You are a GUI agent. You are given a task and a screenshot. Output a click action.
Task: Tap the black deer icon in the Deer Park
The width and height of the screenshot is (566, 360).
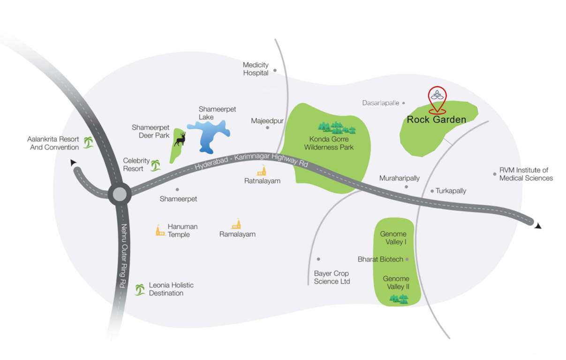click(181, 139)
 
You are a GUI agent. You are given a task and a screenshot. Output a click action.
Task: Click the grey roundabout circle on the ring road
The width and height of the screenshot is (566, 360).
click(119, 194)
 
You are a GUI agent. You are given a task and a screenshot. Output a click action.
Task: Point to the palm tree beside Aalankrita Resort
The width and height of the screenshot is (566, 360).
click(88, 142)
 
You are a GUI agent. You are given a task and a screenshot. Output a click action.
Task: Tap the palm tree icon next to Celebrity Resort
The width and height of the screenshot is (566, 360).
click(155, 165)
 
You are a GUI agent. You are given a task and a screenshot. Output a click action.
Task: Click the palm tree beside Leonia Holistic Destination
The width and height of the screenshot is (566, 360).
click(140, 289)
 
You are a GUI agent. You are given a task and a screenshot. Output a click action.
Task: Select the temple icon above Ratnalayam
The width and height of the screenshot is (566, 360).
click(261, 171)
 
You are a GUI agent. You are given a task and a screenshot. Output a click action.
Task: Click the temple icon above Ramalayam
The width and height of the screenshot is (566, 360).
click(236, 224)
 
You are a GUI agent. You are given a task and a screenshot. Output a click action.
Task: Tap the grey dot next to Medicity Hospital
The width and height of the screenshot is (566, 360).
click(275, 70)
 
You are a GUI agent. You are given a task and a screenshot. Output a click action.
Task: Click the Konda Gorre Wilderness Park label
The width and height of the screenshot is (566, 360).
click(329, 143)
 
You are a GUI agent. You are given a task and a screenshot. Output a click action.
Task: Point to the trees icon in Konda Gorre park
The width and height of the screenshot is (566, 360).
click(337, 127)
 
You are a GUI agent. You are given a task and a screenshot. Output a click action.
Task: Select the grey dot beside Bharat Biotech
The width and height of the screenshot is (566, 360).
click(407, 259)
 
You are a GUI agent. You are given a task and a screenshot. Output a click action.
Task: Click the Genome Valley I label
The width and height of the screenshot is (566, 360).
click(393, 238)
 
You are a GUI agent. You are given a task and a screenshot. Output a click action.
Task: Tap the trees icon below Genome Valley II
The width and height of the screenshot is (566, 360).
click(399, 299)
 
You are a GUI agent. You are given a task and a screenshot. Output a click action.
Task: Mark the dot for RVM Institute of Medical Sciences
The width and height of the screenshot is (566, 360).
click(494, 174)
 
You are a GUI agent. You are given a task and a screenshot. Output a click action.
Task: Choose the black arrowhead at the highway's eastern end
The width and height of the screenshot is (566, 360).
click(538, 225)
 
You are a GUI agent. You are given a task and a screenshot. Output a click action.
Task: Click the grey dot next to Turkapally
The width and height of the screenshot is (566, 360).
click(432, 191)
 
